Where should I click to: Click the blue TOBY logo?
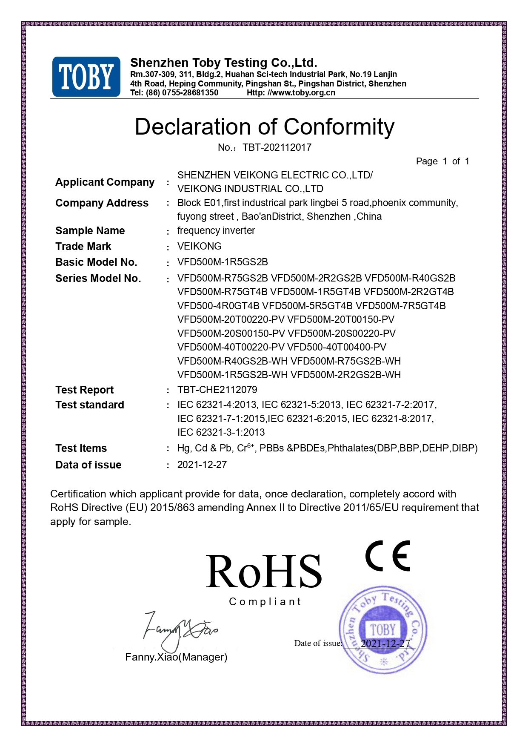pyautogui.click(x=86, y=77)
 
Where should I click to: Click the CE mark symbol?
pyautogui.click(x=388, y=556)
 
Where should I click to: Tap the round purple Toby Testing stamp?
pyautogui.click(x=383, y=630)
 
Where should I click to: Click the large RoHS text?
pyautogui.click(x=264, y=572)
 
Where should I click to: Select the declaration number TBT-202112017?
pyautogui.click(x=277, y=147)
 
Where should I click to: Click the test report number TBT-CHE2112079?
pyautogui.click(x=217, y=390)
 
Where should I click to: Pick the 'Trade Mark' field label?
pyautogui.click(x=83, y=246)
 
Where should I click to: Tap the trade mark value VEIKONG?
pyautogui.click(x=200, y=246)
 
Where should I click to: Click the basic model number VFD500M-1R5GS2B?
pyautogui.click(x=223, y=262)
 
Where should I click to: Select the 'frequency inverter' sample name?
pyautogui.click(x=216, y=230)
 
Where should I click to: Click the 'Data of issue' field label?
pyautogui.click(x=88, y=465)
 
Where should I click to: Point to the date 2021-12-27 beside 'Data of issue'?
pyautogui.click(x=202, y=465)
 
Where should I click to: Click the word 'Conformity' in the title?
pyautogui.click(x=339, y=127)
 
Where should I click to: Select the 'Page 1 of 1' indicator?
pyautogui.click(x=442, y=161)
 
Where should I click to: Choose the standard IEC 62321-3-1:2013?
pyautogui.click(x=221, y=432)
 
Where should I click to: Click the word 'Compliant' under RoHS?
pyautogui.click(x=265, y=602)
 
